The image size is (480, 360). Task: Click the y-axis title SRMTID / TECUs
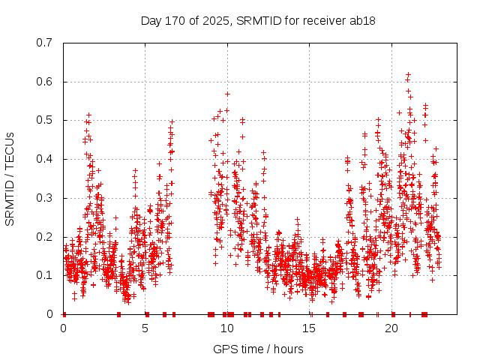coord(10,178)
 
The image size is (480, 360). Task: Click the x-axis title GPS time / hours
coord(258,349)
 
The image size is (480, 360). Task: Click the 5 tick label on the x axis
coord(145,328)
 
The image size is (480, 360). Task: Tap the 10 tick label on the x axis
coord(227,328)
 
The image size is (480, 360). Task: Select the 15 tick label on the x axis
coord(310,328)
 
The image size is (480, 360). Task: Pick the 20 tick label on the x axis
coord(391,328)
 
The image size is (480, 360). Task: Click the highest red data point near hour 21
coord(408,74)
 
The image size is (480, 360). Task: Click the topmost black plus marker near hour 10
coord(227,94)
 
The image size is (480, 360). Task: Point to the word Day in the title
coord(150,20)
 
